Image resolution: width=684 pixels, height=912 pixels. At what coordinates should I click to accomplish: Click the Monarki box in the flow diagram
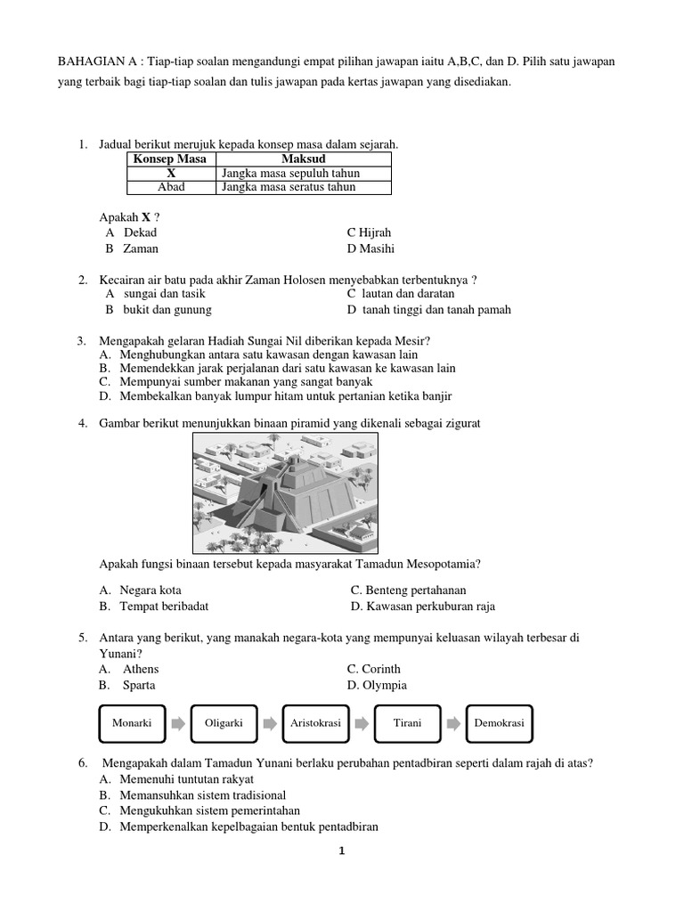tap(132, 724)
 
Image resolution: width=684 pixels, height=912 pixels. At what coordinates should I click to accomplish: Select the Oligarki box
tap(224, 724)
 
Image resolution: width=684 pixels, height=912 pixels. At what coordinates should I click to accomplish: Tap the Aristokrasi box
tap(315, 724)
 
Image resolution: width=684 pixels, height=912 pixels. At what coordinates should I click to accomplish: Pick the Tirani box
tap(407, 724)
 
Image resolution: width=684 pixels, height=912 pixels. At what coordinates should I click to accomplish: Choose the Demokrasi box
tap(500, 724)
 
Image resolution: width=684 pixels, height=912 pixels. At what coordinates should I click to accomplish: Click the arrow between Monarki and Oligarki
tap(178, 724)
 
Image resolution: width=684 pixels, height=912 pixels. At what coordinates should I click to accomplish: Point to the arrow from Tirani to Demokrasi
tap(453, 724)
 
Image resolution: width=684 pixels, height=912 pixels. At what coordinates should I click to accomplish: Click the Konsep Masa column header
tap(170, 159)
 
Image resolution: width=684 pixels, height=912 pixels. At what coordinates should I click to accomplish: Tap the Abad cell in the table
tap(171, 187)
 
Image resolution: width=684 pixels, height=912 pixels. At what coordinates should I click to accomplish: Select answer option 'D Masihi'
tap(370, 248)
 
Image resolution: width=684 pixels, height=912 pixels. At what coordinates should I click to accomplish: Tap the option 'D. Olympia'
tap(378, 685)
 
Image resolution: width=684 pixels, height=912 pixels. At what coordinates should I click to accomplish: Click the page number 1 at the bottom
tap(340, 851)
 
